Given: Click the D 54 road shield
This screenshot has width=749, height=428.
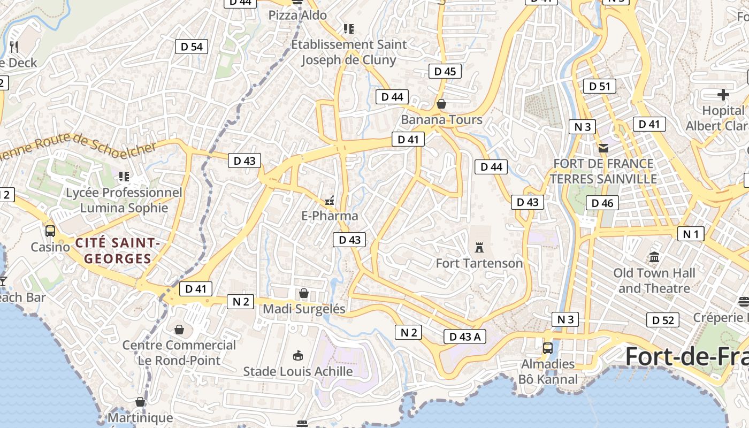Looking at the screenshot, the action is [192, 47].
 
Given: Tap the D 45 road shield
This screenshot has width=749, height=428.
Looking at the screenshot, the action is [445, 71].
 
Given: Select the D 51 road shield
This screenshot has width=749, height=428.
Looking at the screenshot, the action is [599, 86].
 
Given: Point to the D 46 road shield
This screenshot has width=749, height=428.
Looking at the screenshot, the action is [602, 203].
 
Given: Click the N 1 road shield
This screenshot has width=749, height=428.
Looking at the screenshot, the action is [691, 234].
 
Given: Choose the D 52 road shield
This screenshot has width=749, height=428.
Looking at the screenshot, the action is [663, 320].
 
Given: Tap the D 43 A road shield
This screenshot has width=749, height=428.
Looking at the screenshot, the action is [465, 337].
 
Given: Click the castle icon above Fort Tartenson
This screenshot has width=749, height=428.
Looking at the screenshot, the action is [479, 248].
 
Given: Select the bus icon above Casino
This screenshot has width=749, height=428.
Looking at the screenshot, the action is [50, 231].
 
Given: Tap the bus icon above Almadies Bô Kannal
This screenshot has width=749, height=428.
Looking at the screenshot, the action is [548, 348].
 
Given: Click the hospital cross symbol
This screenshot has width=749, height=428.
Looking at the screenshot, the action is [723, 95].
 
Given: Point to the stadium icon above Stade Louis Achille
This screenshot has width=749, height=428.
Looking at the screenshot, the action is [298, 355].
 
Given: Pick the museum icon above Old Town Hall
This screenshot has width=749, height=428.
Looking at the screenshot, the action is [654, 257].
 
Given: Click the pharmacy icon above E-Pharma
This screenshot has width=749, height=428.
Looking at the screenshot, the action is [330, 201].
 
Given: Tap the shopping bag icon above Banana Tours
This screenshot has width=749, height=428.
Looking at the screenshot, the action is [441, 104].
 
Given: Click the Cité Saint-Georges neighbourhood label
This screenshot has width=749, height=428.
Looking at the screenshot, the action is [118, 251].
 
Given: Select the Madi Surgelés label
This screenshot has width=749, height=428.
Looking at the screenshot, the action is [304, 309].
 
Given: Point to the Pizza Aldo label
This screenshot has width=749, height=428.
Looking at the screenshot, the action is [297, 16].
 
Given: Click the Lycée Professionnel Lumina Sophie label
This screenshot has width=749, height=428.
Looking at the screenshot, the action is [124, 200].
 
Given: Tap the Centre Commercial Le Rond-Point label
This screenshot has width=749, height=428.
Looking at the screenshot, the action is [179, 353].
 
